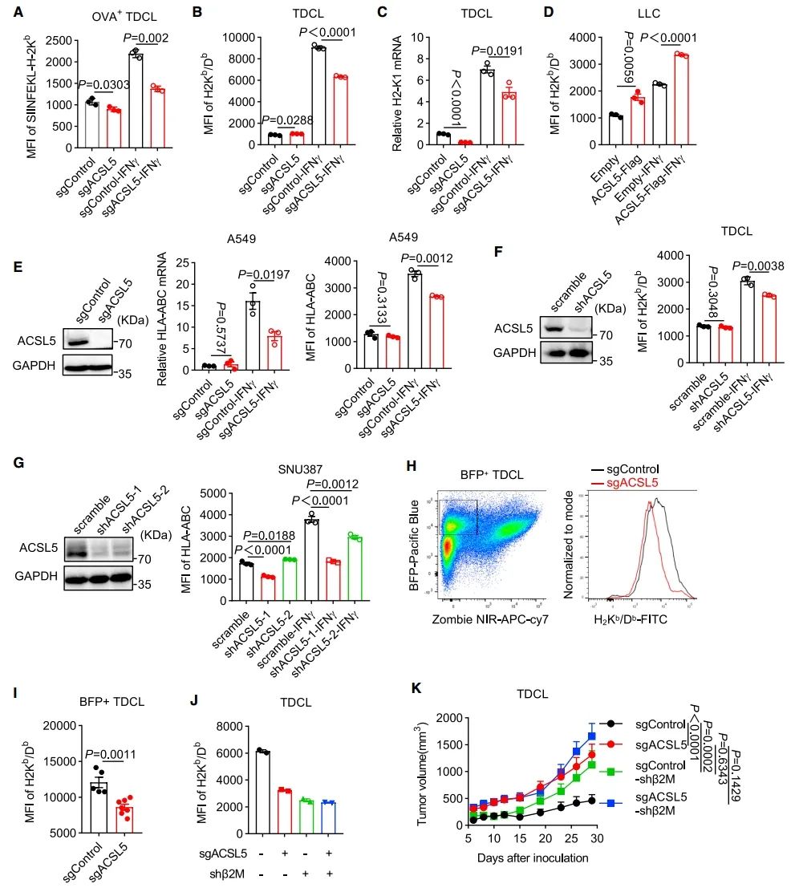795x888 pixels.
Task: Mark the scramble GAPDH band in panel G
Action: (x=66, y=582)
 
